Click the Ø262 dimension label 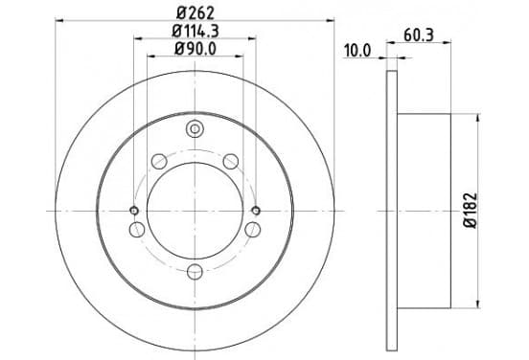195,13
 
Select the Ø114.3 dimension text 195,32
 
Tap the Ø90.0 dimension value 195,49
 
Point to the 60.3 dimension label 419,35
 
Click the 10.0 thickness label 357,51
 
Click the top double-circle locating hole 195,128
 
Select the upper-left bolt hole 159,161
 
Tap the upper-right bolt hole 231,161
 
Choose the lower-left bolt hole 137,230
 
